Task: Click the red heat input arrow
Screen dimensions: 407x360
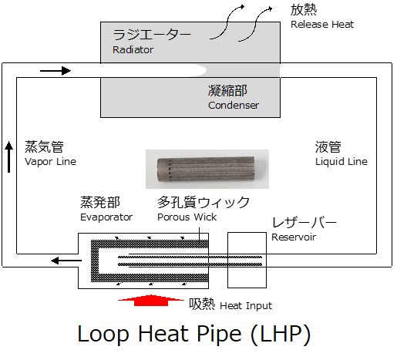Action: [x=151, y=301]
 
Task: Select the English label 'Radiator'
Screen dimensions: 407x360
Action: [x=133, y=49]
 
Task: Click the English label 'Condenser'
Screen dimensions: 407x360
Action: [x=234, y=105]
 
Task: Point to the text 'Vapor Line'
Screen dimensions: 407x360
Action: [x=50, y=161]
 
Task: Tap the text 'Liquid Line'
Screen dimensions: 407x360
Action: [x=341, y=161]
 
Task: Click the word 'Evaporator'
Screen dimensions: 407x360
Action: [x=106, y=217]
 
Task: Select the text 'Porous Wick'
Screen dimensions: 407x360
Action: [x=187, y=217]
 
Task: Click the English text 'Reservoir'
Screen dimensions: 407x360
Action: [x=294, y=237]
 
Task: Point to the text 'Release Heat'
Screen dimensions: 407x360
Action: [x=322, y=24]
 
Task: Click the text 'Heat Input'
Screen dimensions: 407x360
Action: [x=246, y=305]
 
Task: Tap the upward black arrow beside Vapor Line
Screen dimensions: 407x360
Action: [x=8, y=157]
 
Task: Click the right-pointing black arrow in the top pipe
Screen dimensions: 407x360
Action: [x=55, y=71]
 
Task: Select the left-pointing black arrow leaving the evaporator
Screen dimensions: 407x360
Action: [x=66, y=261]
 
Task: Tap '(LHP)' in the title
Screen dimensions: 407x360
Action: [x=281, y=334]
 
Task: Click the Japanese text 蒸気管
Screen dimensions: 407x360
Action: [x=44, y=146]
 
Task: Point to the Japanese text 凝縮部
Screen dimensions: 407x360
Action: [x=227, y=91]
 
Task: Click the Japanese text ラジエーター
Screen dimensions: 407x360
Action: [x=152, y=35]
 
